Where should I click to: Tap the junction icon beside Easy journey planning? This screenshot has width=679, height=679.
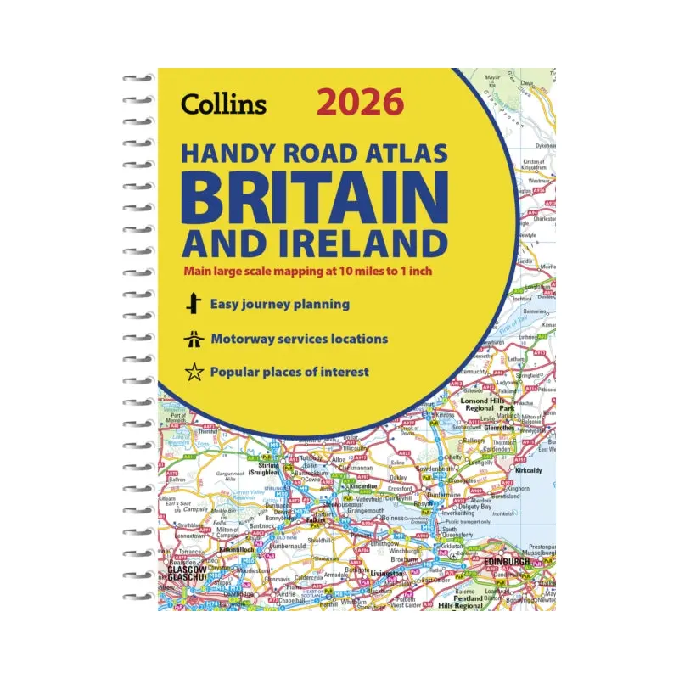coord(194,304)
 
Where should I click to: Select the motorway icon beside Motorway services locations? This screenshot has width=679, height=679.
coord(194,339)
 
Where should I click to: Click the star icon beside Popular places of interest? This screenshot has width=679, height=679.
coord(194,372)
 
